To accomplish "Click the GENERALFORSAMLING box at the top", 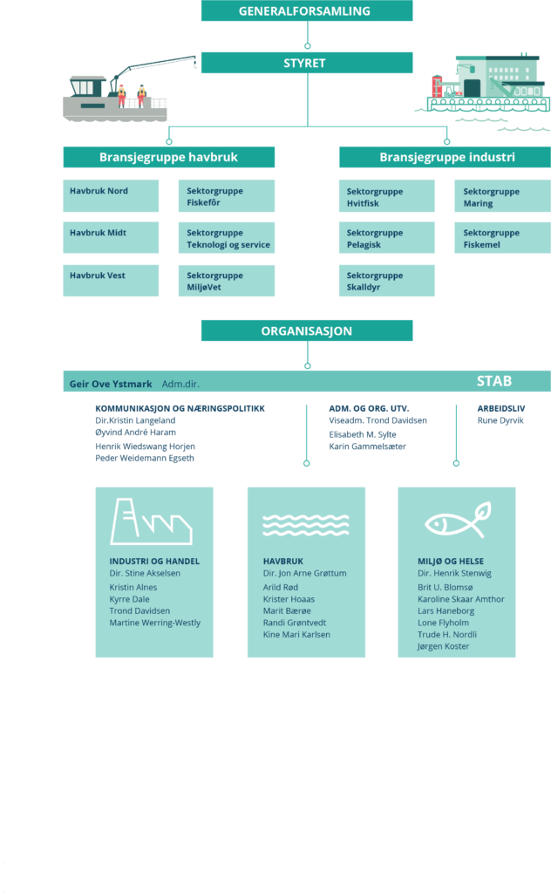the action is [x=307, y=10].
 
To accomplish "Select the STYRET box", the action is [x=307, y=63].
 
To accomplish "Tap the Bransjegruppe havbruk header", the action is [x=168, y=157].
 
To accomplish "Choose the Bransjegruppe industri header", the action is [x=446, y=157].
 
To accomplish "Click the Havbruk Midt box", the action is [x=111, y=237].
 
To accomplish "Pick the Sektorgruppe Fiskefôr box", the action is [x=227, y=196].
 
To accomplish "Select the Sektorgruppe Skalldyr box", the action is [x=387, y=281].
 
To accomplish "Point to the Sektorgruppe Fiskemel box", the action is [x=503, y=237].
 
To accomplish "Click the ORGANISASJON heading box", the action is [x=307, y=331].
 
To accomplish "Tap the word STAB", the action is [x=494, y=381].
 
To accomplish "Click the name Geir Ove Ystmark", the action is [x=111, y=384].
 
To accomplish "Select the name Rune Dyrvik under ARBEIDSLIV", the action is [x=500, y=420].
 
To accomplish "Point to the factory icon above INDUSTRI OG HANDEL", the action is [x=151, y=521].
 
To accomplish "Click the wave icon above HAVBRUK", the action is [x=306, y=524].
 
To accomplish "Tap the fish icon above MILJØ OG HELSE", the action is [x=459, y=520].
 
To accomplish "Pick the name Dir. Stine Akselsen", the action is [x=145, y=574].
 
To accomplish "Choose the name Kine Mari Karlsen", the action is [x=296, y=635].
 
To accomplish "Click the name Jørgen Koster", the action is [x=444, y=646].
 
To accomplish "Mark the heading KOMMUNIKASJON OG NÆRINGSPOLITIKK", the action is [x=180, y=408].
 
